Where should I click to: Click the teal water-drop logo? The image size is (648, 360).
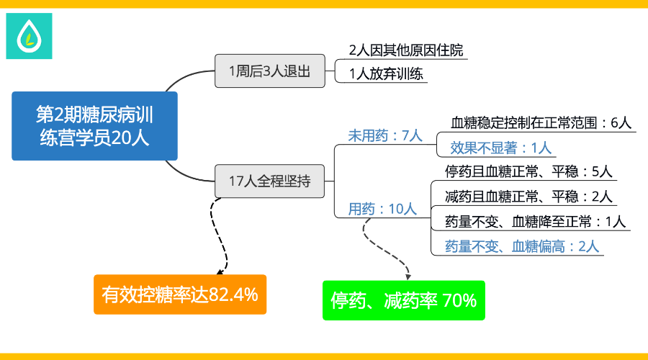pos(29,36)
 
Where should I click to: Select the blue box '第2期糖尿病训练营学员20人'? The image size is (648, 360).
pos(94,126)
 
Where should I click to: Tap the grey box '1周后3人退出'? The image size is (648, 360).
pos(270,71)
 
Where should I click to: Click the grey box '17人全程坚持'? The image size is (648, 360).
pos(270,181)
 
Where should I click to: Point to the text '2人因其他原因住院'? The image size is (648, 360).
pos(406,50)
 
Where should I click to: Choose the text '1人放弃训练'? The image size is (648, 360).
pos(386,74)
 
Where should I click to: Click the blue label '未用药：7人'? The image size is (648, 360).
pos(385,135)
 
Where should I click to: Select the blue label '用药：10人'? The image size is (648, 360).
pos(382,209)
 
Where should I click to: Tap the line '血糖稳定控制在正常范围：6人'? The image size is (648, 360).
pos(541,122)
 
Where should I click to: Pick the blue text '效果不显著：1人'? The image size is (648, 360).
pos(501,148)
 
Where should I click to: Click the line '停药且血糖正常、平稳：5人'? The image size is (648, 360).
pos(528,171)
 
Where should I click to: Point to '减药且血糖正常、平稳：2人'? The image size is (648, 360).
pos(528,197)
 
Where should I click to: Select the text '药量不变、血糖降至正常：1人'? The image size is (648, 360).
pos(536,222)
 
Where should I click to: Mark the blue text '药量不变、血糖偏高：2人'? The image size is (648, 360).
pos(522,247)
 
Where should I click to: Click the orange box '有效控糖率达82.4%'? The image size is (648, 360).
pos(180,294)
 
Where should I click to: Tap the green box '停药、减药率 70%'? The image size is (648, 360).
pos(404,300)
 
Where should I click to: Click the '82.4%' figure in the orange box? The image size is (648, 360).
pos(233,294)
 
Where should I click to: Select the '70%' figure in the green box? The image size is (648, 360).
pos(459,300)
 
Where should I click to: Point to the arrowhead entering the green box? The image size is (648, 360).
pos(408,277)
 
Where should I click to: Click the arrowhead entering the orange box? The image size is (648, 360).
pos(220,272)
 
